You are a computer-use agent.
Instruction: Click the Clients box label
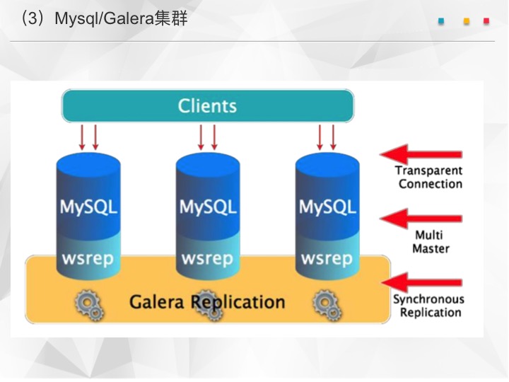point(207,106)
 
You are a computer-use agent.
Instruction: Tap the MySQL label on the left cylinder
point(88,207)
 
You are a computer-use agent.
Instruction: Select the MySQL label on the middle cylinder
point(208,207)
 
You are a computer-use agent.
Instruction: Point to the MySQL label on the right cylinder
point(327,207)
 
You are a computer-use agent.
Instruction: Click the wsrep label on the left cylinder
point(88,259)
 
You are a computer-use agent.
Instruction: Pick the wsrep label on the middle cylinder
point(207,259)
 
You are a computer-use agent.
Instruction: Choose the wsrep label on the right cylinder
point(327,259)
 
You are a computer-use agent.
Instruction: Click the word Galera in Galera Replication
point(156,302)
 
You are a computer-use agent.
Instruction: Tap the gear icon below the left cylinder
point(89,306)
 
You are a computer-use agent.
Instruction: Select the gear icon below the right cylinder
point(327,306)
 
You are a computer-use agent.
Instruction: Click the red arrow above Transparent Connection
point(421,154)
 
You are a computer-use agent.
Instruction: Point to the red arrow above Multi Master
point(421,219)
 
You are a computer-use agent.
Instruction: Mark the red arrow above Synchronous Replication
point(421,282)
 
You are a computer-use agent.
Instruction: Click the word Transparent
point(429,170)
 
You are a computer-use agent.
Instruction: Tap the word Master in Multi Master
point(431,249)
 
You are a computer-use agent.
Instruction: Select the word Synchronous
point(429,299)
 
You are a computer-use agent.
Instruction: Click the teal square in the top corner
point(441,21)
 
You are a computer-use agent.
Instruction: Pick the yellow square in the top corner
point(467,21)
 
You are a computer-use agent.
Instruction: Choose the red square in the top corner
point(486,21)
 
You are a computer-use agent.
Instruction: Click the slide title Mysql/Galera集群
point(121,18)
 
